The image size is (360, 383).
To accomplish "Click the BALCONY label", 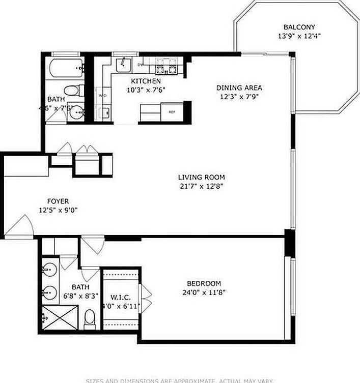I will pos(299,27).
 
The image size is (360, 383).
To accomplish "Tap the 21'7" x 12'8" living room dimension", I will pos(201,186).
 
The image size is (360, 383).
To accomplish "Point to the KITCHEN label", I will pos(146,81).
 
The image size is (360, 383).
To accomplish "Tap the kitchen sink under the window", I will pos(123,65).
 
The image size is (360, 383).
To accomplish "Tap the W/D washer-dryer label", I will pos(102,95).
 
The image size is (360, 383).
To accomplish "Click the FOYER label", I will pos(58,201).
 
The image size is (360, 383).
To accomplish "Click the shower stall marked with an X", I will pos(60,319).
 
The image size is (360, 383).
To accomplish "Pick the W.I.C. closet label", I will pos(121,297).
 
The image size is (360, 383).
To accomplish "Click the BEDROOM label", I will pos(204,283).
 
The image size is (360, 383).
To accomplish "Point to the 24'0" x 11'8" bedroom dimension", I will pos(204,292).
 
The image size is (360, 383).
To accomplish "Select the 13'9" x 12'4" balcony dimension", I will pos(299,36).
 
